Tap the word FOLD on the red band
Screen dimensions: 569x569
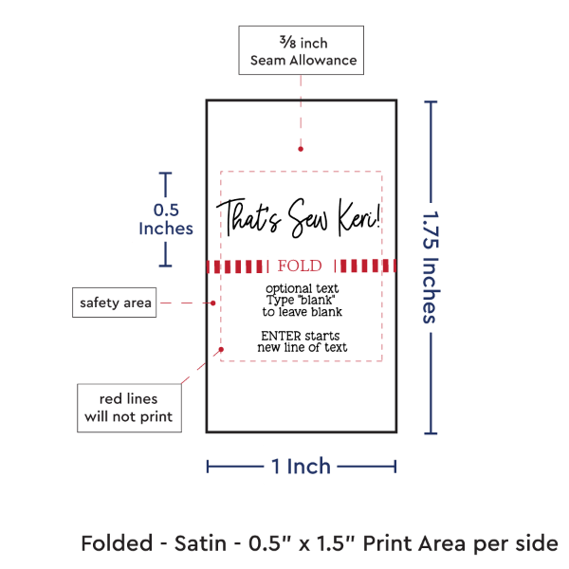[300, 266]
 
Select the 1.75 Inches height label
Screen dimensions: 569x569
[431, 266]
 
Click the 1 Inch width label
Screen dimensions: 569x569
[302, 466]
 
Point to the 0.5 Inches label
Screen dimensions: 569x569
[166, 219]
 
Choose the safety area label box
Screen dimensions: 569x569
[114, 303]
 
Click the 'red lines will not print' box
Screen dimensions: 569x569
[129, 407]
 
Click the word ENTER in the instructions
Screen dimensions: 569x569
[277, 335]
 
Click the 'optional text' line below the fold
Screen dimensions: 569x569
[302, 287]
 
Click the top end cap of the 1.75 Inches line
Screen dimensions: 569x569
[432, 101]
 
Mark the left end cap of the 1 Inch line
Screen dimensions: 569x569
[208, 466]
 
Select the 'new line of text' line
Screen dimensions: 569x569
[302, 347]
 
